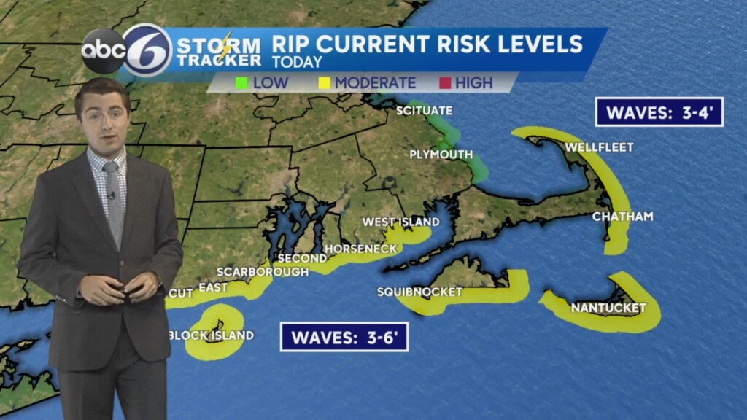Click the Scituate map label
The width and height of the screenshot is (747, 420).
[x=424, y=111]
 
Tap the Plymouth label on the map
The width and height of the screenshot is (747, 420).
[x=441, y=155]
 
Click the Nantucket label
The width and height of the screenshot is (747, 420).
[x=608, y=308]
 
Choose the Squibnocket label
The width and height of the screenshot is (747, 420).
[x=419, y=292]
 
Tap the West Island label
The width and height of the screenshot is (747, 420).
[x=401, y=222]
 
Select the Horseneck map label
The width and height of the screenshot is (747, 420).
[x=361, y=249]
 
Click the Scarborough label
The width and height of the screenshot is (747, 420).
[x=263, y=271]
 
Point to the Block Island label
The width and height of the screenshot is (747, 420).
[x=211, y=335]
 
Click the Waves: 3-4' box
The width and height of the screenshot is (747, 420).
[x=659, y=112]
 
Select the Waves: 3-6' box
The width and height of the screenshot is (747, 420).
[x=344, y=337]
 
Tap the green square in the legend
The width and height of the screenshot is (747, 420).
[x=241, y=83]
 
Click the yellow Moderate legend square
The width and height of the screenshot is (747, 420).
[x=324, y=83]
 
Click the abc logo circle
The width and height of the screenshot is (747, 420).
[x=103, y=51]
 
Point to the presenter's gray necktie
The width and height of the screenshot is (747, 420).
[x=113, y=201]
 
